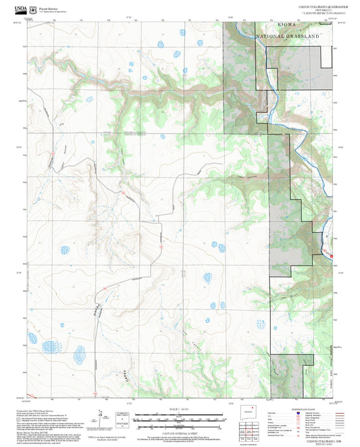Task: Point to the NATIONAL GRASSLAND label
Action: pyautogui.click(x=286, y=35)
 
